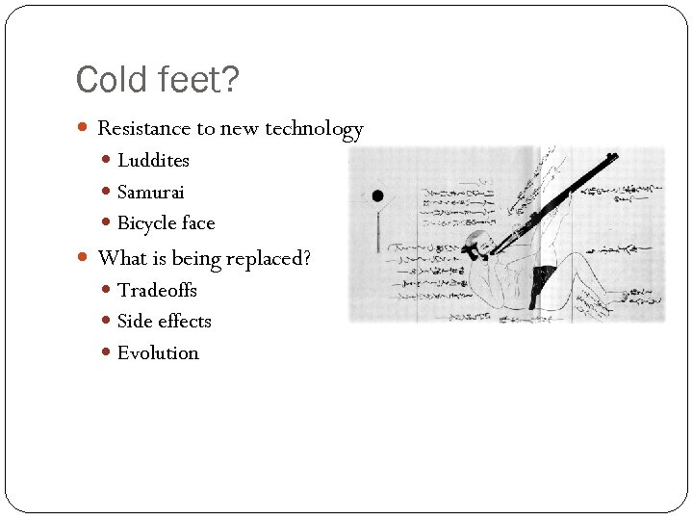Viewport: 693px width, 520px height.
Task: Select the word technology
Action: [315, 129]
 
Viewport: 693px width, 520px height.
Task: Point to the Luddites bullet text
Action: [153, 161]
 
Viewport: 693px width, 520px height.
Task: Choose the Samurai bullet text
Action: [150, 193]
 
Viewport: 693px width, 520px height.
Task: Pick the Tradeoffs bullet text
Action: [157, 290]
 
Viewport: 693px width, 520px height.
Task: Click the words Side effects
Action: [164, 322]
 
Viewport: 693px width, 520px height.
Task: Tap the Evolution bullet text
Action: [158, 353]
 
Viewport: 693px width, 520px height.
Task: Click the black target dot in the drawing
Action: [377, 195]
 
